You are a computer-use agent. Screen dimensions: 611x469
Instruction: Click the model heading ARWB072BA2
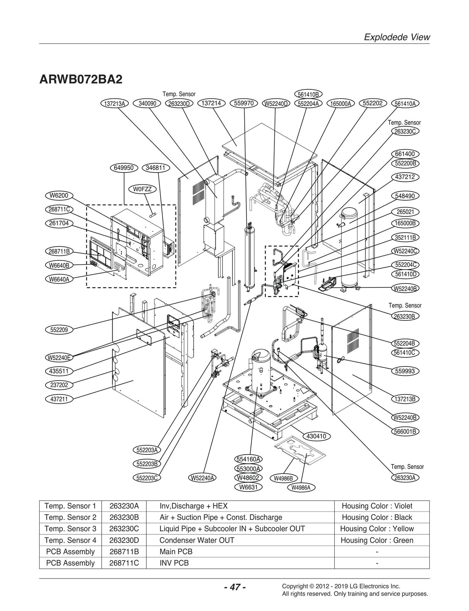point(81,79)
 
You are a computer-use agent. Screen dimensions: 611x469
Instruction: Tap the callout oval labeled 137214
point(211,103)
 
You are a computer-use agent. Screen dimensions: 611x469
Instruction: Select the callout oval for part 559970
point(244,103)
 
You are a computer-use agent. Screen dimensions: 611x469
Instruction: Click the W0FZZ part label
point(142,189)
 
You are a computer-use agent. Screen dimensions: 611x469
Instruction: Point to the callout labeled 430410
point(316,436)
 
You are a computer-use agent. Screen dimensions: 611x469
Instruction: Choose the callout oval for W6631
point(249,487)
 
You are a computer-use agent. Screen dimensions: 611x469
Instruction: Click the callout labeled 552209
point(59,330)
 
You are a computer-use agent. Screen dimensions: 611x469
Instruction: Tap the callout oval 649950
point(124,168)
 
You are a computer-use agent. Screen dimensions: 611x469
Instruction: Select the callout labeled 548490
point(405,196)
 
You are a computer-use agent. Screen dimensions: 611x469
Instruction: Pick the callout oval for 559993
point(405,371)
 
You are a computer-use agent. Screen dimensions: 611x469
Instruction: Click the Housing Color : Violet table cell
point(377,506)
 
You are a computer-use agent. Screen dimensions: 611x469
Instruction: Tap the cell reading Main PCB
point(176,551)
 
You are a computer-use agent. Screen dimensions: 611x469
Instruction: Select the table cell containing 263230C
point(124,529)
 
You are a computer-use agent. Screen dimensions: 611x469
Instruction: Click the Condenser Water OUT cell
point(197,540)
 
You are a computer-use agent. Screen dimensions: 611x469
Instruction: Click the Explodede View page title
point(397,37)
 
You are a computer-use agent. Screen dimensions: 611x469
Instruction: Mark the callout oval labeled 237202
point(59,385)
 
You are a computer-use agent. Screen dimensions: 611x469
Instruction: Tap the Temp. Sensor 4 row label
point(70,540)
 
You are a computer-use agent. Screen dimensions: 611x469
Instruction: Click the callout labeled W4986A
point(301,488)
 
